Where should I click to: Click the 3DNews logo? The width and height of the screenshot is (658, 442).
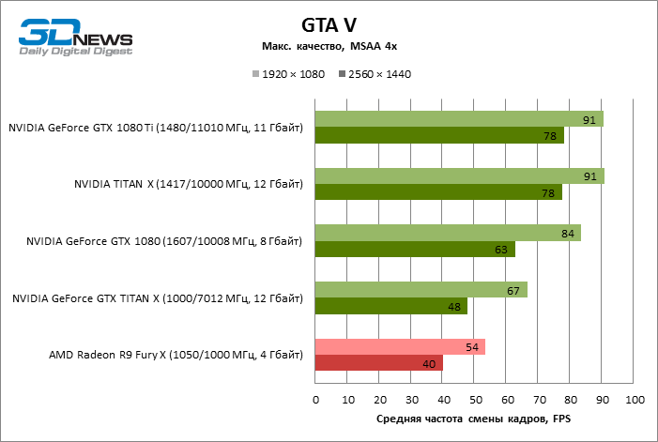click(x=76, y=38)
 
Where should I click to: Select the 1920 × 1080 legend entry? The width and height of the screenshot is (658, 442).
click(x=288, y=74)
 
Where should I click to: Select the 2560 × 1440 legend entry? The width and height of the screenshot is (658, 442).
click(x=375, y=74)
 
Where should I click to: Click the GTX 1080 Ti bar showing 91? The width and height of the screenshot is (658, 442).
click(x=459, y=119)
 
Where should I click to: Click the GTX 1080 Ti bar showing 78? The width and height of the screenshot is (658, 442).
click(x=439, y=136)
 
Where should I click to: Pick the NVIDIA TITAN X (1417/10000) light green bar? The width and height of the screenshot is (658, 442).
click(x=459, y=176)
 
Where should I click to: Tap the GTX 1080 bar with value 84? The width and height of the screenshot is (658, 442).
click(x=448, y=233)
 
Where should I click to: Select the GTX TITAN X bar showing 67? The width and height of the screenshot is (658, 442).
click(x=421, y=290)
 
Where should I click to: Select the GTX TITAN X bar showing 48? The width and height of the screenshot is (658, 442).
click(x=390, y=307)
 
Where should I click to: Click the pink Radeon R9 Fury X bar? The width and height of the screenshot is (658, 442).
click(x=400, y=346)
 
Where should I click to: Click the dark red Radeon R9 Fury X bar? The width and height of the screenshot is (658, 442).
click(x=378, y=363)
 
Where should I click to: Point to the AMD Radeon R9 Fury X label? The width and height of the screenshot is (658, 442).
click(x=176, y=355)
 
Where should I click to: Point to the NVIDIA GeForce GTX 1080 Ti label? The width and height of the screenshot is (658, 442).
click(x=156, y=128)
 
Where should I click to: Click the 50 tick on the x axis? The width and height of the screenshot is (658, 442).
click(x=474, y=401)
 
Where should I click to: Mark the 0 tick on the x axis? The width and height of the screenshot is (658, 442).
click(x=315, y=401)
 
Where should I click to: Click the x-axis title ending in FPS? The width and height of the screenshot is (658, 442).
click(x=474, y=419)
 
